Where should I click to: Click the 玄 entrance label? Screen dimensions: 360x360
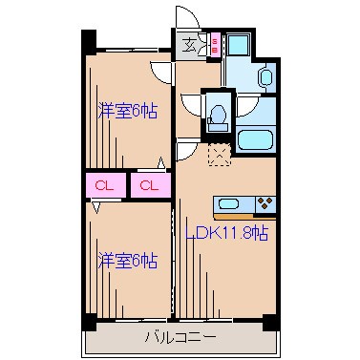190,44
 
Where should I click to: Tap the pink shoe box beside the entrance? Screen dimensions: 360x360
214,44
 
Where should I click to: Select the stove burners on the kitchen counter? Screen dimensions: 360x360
265,202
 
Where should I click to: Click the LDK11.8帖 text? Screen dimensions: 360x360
227,233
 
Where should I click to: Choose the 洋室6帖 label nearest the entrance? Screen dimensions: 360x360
128,112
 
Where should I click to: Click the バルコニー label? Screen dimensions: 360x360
180,336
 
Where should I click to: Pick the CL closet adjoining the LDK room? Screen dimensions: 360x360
149,184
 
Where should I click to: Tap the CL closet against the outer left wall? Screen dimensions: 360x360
103,184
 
